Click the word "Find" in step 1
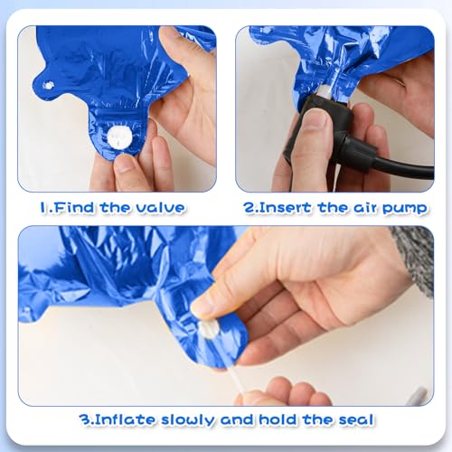pos(74,208)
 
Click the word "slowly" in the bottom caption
pos(188,420)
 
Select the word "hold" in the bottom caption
pos(278,419)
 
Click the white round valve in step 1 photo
pos(119,137)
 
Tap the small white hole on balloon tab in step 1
pos(48,85)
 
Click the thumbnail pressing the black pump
pos(315,119)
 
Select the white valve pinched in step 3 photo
pos(208,328)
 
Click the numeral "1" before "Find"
pos(43,208)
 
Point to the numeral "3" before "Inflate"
pos(84,419)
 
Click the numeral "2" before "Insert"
pos(250,208)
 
